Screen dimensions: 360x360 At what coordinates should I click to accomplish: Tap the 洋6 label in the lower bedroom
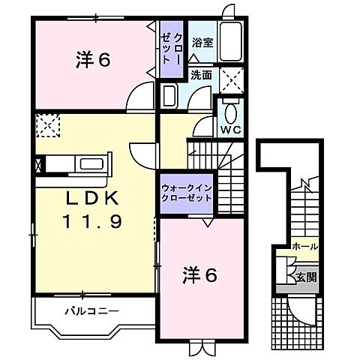point(199,275)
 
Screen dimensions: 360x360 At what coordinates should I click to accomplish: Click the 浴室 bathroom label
point(201,43)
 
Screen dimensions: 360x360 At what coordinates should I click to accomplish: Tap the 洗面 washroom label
point(200,75)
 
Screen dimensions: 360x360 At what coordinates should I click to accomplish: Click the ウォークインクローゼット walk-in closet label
point(185,191)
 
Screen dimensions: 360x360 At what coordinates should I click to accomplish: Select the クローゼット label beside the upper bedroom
point(172,49)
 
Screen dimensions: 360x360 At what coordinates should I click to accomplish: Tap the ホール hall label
point(304,245)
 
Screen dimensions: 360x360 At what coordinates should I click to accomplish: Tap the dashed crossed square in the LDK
point(48,125)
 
